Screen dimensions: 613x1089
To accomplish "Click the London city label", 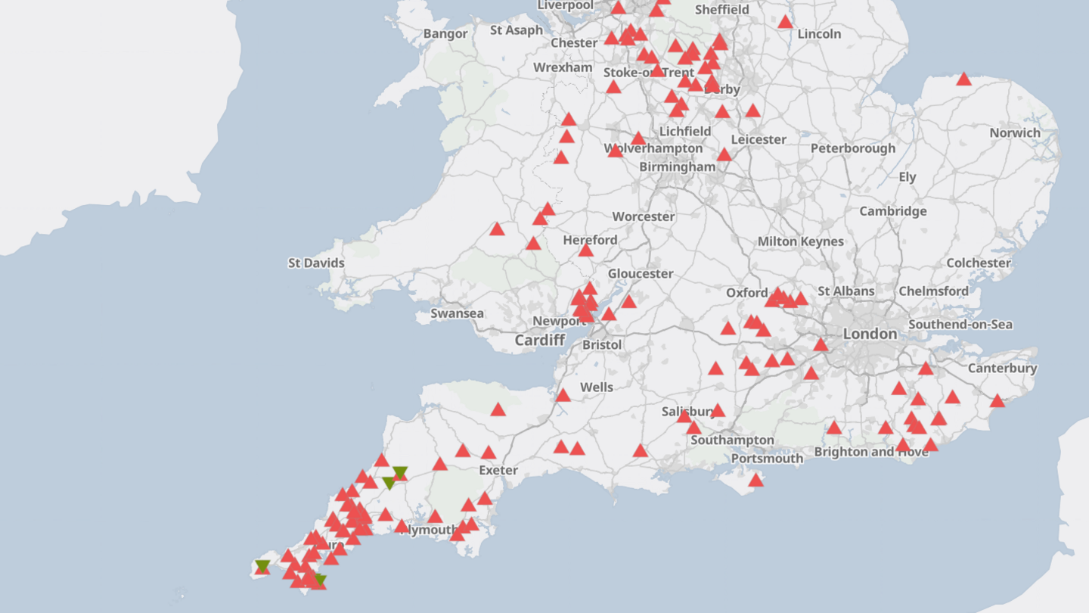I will (x=870, y=334).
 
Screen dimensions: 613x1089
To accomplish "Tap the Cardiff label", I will (x=540, y=341).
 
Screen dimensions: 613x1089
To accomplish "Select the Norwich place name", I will (x=1015, y=133).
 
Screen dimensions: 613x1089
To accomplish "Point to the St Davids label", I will (x=316, y=263).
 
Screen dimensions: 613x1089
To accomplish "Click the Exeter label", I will (x=498, y=470).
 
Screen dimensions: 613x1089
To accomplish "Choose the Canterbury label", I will (x=1002, y=369).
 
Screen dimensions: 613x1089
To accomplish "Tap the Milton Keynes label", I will (x=801, y=241).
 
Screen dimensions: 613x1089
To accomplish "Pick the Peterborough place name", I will (x=853, y=148).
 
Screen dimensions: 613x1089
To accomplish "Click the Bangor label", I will (x=445, y=34).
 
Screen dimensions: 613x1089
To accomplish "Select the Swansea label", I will (x=457, y=313).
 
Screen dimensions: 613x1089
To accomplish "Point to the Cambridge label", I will (x=892, y=211).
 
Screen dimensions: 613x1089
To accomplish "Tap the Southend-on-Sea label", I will (x=960, y=325).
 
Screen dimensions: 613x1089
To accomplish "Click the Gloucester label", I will (x=641, y=274).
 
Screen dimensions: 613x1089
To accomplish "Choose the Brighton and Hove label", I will (x=871, y=452).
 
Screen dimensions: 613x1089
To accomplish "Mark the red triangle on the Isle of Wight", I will (x=755, y=480).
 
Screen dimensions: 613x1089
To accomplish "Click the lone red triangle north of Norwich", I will (x=963, y=79).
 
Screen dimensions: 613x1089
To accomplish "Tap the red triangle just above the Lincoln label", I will (x=785, y=22).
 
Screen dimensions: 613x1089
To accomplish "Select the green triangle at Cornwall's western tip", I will (x=262, y=565).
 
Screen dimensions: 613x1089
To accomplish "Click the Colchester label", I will (x=979, y=263).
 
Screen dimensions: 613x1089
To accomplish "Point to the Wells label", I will (x=597, y=387).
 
